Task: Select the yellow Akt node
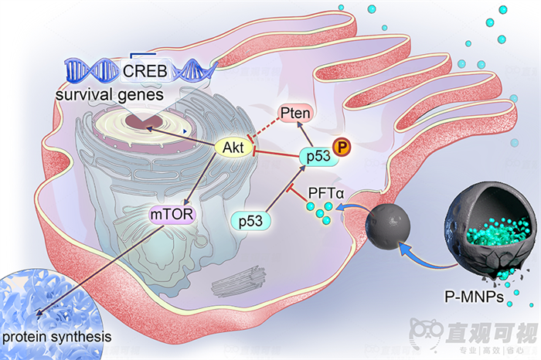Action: pos(233,147)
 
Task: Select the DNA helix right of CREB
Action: pos(189,71)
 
